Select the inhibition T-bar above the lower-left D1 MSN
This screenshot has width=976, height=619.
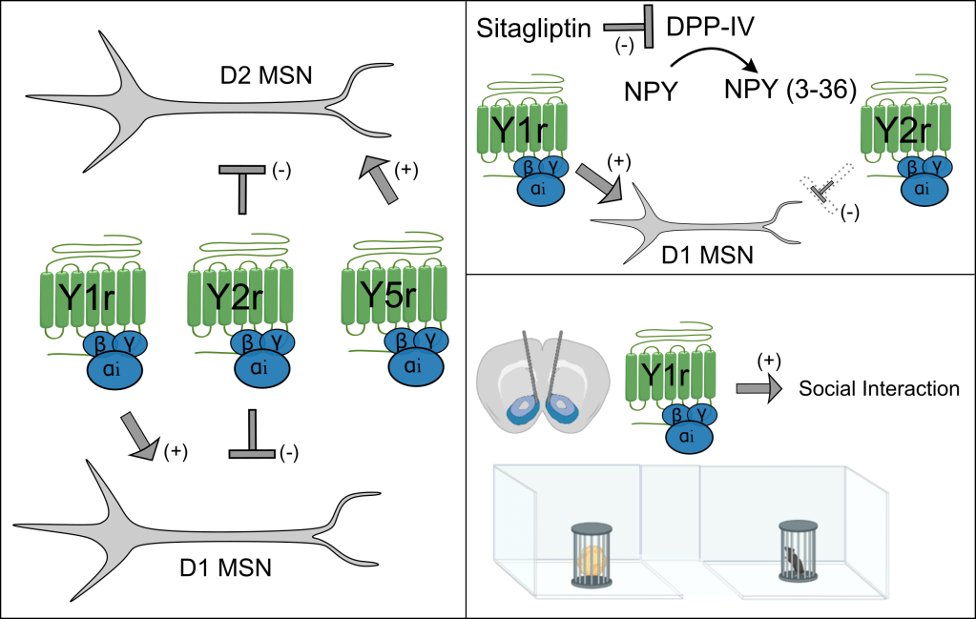coord(253,438)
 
